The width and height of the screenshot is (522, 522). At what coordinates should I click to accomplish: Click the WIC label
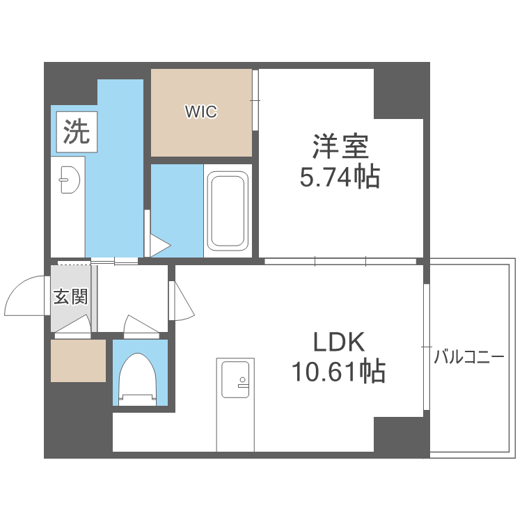click(x=201, y=111)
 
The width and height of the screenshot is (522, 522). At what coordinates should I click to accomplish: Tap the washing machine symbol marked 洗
click(x=77, y=132)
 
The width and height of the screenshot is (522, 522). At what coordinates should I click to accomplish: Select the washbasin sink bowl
click(x=69, y=180)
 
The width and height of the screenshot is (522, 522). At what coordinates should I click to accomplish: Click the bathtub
click(x=228, y=211)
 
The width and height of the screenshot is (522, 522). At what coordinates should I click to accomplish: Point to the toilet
click(x=138, y=379)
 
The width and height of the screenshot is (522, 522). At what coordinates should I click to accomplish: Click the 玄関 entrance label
click(x=70, y=296)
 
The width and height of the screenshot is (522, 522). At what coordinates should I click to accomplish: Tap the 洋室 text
click(x=340, y=146)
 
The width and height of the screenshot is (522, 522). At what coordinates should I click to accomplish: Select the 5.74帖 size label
click(x=340, y=177)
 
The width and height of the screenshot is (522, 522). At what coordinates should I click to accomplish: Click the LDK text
click(x=339, y=342)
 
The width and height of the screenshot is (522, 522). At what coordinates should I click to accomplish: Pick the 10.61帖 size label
click(x=338, y=370)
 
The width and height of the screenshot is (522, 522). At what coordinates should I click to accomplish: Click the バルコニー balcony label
click(x=468, y=357)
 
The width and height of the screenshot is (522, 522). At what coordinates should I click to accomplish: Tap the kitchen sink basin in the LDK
click(x=235, y=379)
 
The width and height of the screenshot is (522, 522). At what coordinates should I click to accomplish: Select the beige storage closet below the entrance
click(x=78, y=361)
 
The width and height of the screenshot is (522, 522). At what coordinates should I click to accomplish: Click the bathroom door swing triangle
click(x=160, y=246)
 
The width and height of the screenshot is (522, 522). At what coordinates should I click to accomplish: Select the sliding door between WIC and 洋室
click(x=255, y=100)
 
